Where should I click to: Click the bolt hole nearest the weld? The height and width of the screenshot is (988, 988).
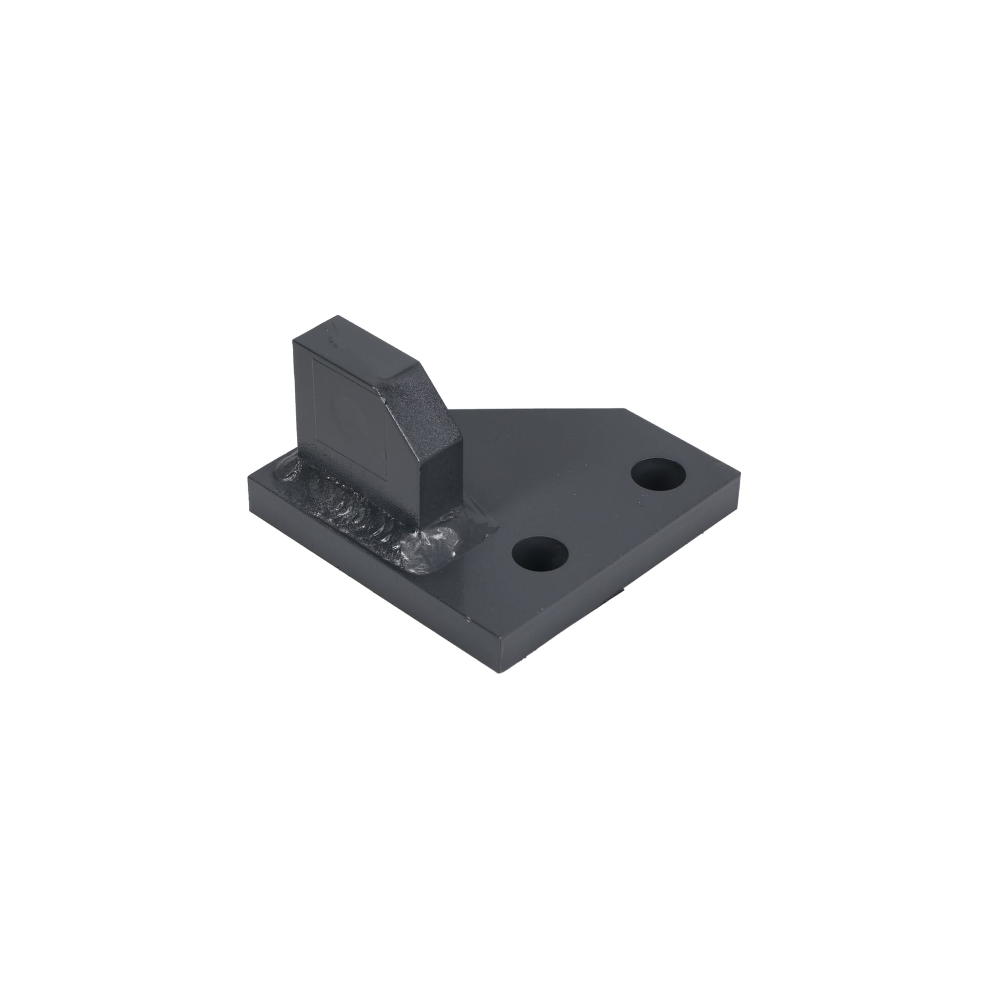pyautogui.click(x=540, y=553)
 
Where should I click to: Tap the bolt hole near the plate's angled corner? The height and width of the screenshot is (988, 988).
pyautogui.click(x=659, y=475)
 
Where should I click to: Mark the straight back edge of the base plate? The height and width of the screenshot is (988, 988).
pyautogui.click(x=537, y=409)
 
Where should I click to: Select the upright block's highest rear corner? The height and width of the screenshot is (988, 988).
pyautogui.click(x=337, y=316)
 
